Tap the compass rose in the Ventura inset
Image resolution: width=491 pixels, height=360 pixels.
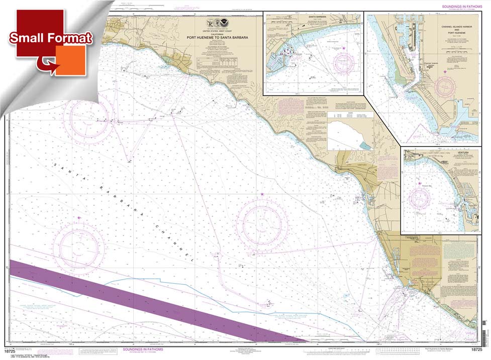(x=420, y=198)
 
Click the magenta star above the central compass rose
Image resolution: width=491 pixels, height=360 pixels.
(x=262, y=194)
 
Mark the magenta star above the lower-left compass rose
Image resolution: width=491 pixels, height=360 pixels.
(x=79, y=217)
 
